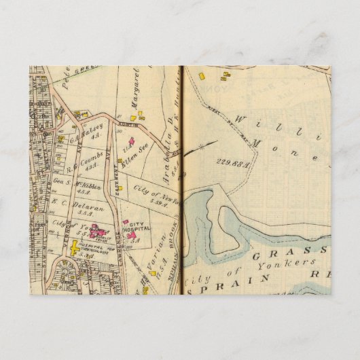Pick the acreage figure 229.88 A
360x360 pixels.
click(230, 162)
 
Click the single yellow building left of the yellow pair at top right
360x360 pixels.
click(202, 76)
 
